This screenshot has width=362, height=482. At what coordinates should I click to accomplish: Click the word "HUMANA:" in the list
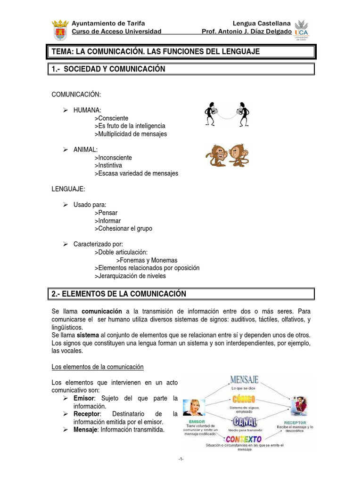87,110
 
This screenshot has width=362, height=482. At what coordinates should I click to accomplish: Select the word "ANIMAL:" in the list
85,150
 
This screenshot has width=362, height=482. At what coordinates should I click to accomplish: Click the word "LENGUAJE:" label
68,189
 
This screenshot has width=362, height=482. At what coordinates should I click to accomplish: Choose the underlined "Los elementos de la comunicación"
97,367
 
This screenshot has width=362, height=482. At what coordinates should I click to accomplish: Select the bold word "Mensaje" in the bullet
85,430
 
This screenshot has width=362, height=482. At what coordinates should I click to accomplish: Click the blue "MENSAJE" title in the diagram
244,379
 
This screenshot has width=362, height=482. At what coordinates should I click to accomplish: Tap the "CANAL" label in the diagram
244,421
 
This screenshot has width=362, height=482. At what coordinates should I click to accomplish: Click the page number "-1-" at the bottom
181,459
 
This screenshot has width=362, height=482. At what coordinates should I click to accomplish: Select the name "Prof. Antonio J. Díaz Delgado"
247,32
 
